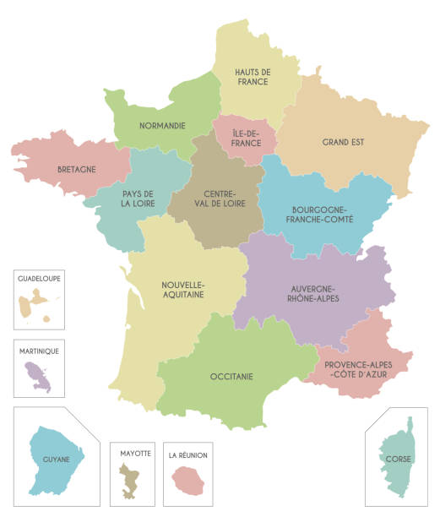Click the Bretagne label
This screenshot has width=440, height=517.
point(76,169)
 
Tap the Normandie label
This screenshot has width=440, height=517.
point(162,126)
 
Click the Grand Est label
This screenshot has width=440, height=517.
point(343,142)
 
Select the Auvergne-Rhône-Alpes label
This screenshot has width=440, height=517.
point(314,292)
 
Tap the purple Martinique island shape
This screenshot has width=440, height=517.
point(38,372)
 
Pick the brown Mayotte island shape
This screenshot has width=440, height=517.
point(131,481)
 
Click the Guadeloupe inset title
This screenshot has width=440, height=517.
point(39,277)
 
